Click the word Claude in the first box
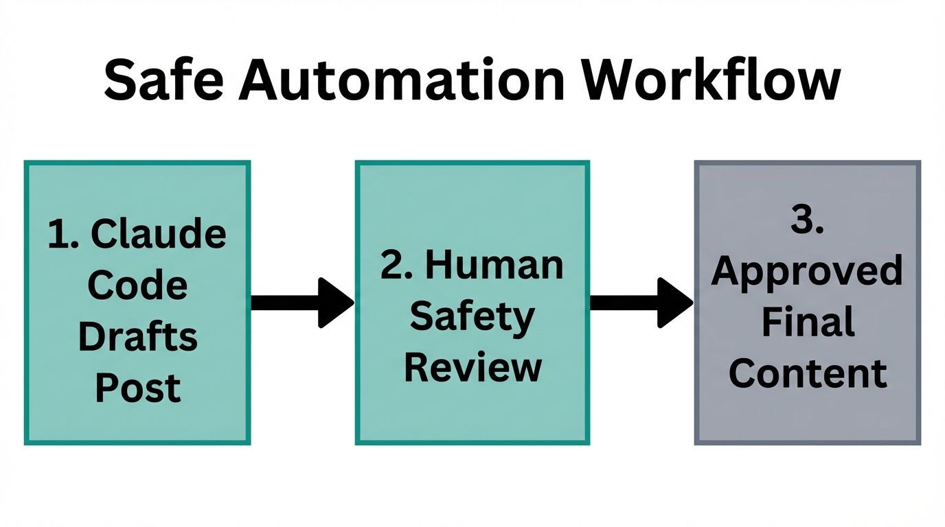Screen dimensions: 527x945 (x=158, y=235)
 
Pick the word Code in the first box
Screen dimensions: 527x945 (x=137, y=285)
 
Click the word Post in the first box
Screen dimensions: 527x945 (x=137, y=388)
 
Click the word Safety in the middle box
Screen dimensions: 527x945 (x=473, y=317)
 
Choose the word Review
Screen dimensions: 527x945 (x=473, y=368)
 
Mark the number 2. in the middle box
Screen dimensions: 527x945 (x=397, y=266)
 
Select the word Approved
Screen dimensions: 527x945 (x=807, y=272)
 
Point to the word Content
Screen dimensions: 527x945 (x=808, y=374)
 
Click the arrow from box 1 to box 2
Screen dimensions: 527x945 (x=295, y=303)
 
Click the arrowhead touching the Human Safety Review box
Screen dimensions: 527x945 (x=335, y=303)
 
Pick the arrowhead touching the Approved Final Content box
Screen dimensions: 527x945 (x=674, y=303)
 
